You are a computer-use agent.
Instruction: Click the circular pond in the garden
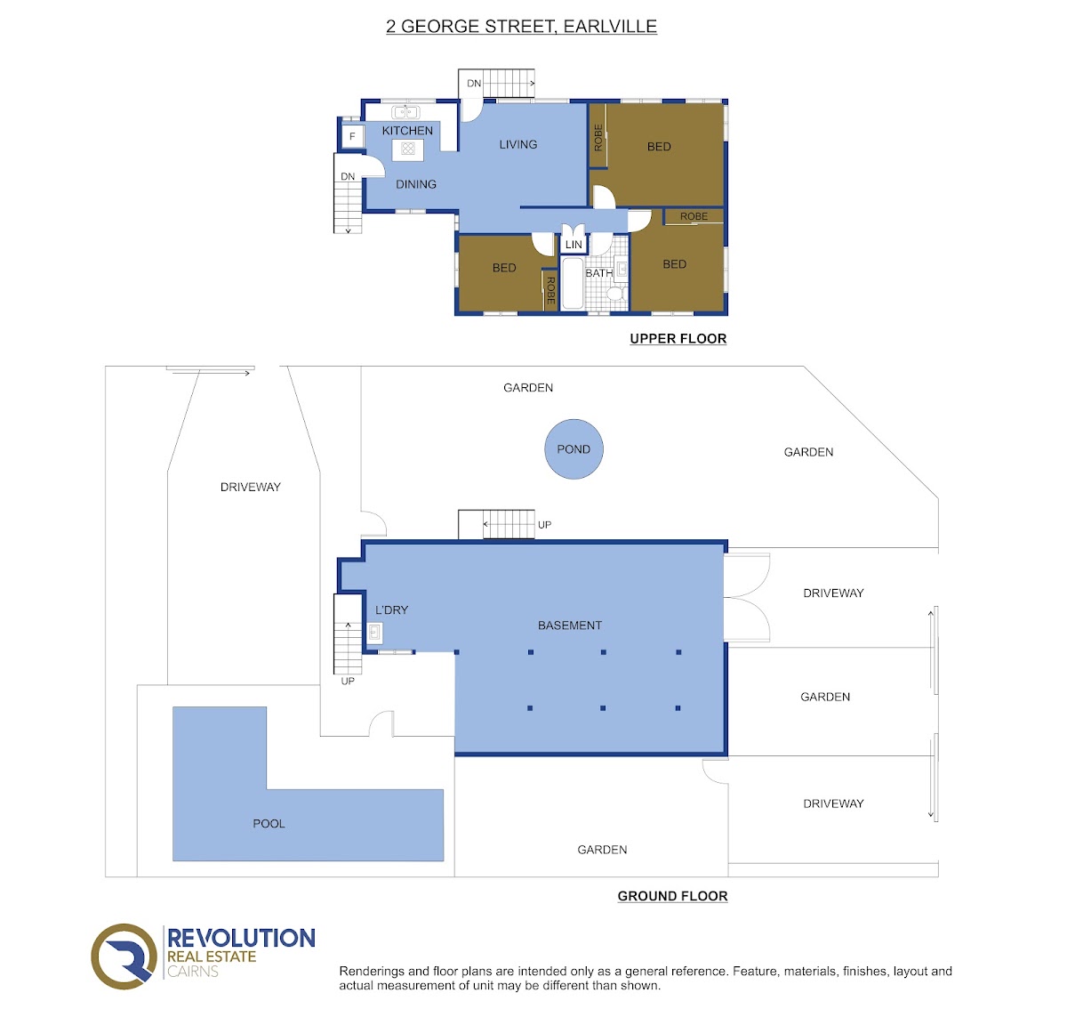tap(574, 448)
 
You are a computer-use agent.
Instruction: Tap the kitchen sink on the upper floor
tap(405, 112)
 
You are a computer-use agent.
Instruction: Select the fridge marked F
tap(352, 136)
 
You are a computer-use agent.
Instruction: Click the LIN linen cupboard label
tap(574, 245)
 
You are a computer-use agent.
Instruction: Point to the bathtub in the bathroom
tap(572, 283)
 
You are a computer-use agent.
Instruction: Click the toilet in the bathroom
tap(616, 294)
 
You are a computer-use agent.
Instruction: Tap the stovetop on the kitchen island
tap(407, 148)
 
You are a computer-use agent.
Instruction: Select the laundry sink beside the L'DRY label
tap(374, 633)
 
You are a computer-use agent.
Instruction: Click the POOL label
tap(269, 824)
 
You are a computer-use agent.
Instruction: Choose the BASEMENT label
tap(569, 626)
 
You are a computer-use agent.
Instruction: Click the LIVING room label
tap(517, 144)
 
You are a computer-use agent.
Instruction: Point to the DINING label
tap(416, 184)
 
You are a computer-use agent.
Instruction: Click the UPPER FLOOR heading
tap(678, 338)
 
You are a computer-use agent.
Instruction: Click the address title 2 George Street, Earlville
tap(521, 26)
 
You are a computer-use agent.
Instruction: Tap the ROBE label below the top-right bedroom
tap(694, 216)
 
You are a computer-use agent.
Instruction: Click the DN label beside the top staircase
tap(474, 83)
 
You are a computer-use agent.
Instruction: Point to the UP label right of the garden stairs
tap(544, 525)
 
